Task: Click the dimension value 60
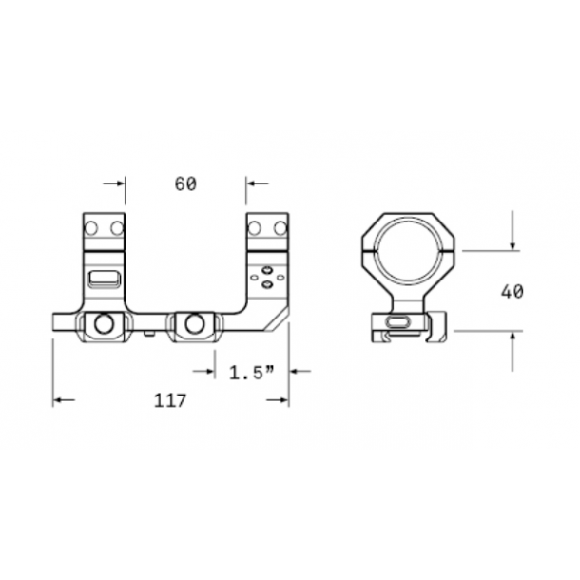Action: click(185, 184)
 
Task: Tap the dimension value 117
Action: click(171, 399)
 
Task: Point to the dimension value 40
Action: click(512, 291)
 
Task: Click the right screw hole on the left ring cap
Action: click(116, 228)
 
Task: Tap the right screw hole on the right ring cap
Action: click(279, 228)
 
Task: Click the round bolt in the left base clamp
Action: click(105, 324)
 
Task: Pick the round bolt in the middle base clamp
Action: click(194, 324)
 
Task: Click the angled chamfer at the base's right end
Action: click(280, 319)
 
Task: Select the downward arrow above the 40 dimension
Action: click(512, 242)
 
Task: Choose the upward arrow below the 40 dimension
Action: click(512, 339)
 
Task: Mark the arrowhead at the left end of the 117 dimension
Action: click(59, 400)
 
